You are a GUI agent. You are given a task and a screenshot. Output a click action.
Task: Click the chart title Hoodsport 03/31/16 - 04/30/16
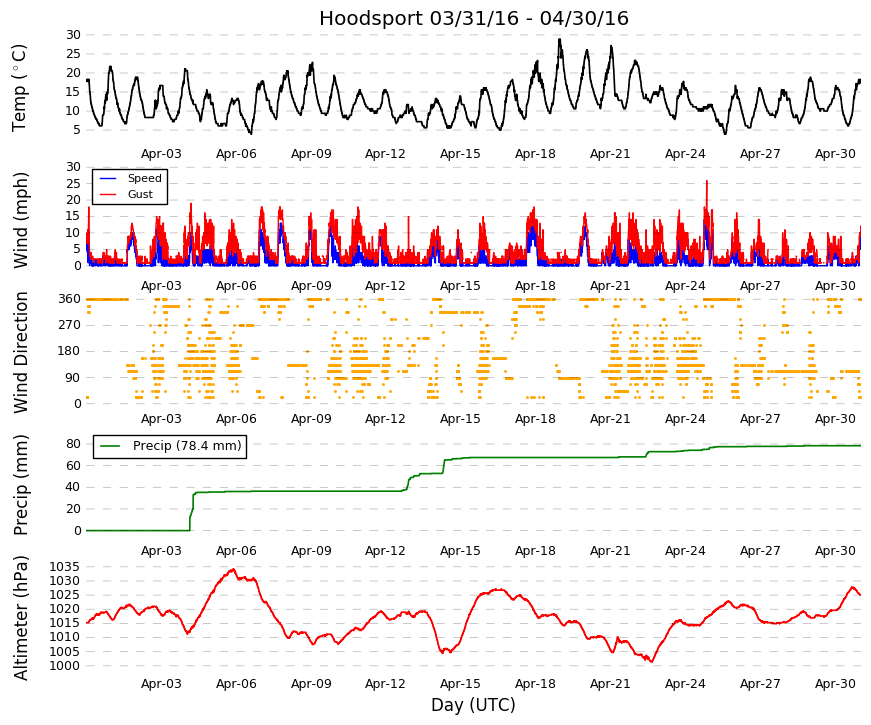[x=473, y=18]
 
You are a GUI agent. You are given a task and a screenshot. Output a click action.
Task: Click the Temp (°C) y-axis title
[x=19, y=88]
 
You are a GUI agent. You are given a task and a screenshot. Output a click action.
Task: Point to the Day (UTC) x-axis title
[x=473, y=705]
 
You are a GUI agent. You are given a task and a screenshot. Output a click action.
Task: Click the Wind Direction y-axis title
[x=20, y=352]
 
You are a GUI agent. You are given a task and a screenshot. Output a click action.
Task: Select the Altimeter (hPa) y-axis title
[x=20, y=617]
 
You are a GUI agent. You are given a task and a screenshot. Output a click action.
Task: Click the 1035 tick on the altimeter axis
[x=64, y=567]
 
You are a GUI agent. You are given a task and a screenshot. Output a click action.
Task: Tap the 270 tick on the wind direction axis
[x=69, y=325]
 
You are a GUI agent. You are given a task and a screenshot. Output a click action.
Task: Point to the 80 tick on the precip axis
[x=73, y=444]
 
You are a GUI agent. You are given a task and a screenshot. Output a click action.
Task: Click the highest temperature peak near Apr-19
[x=559, y=39]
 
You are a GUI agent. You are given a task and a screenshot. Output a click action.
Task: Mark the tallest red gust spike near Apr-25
[x=707, y=181]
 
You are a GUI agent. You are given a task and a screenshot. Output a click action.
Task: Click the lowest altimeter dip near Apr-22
[x=652, y=662]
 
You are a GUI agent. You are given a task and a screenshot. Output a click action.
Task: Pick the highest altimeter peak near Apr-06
[x=234, y=569]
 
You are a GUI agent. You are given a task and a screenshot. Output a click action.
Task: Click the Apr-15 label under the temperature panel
[x=460, y=154]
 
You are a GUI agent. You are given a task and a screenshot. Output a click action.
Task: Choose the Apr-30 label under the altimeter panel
[x=835, y=684]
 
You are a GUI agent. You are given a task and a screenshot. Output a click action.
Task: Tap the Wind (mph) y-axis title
[x=20, y=219]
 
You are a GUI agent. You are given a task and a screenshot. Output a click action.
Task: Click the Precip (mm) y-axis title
[x=20, y=485]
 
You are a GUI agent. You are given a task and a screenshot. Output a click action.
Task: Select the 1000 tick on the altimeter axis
[x=64, y=666]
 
